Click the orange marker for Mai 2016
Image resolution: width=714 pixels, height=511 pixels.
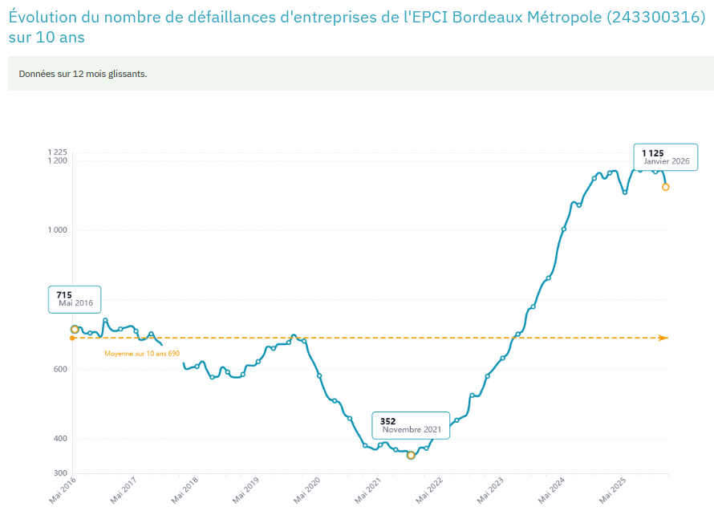[x=75, y=329]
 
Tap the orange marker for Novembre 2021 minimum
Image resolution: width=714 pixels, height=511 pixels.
[x=412, y=455]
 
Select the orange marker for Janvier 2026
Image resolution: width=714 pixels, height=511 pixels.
[x=665, y=187]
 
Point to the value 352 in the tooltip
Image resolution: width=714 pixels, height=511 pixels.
[x=387, y=421]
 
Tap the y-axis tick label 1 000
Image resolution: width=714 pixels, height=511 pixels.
[x=56, y=229]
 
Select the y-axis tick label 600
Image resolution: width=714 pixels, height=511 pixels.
[x=60, y=369]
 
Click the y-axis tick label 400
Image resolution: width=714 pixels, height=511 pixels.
[x=60, y=438]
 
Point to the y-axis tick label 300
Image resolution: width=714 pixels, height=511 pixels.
[x=60, y=473]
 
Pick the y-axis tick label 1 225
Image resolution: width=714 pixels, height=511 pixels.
[x=56, y=152]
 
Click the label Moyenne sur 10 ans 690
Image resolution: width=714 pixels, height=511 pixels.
[x=142, y=353]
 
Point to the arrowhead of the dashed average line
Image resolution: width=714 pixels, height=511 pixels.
[x=663, y=338]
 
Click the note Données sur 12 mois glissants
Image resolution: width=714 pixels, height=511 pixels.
[x=83, y=74]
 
